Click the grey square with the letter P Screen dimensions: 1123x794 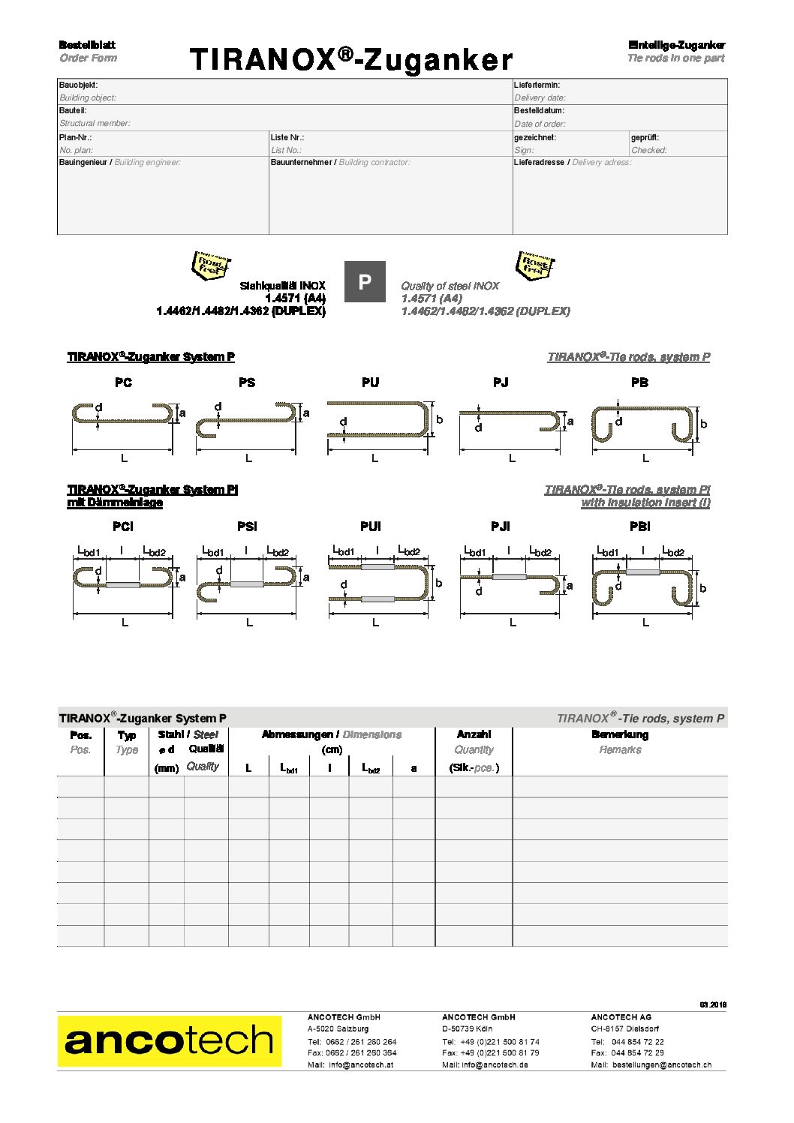pyautogui.click(x=365, y=282)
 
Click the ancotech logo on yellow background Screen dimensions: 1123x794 pyautogui.click(x=170, y=1041)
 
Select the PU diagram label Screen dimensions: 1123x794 pyautogui.click(x=370, y=383)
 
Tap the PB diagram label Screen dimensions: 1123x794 pyautogui.click(x=639, y=383)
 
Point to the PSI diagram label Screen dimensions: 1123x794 pyautogui.click(x=247, y=527)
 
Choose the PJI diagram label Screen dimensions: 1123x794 pyautogui.click(x=500, y=527)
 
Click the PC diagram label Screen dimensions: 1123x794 pyautogui.click(x=123, y=383)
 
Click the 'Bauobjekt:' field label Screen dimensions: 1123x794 pyautogui.click(x=78, y=86)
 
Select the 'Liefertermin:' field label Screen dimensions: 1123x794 pyautogui.click(x=537, y=86)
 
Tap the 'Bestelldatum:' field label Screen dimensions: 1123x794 pyautogui.click(x=539, y=111)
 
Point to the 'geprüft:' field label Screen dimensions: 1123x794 pyautogui.click(x=645, y=138)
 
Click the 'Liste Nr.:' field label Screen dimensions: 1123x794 pyautogui.click(x=287, y=138)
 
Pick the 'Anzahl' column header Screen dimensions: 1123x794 pyautogui.click(x=474, y=734)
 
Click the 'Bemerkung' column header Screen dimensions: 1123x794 pyautogui.click(x=620, y=734)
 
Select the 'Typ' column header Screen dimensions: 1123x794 pyautogui.click(x=127, y=735)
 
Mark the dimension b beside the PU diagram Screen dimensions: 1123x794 pyautogui.click(x=439, y=420)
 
